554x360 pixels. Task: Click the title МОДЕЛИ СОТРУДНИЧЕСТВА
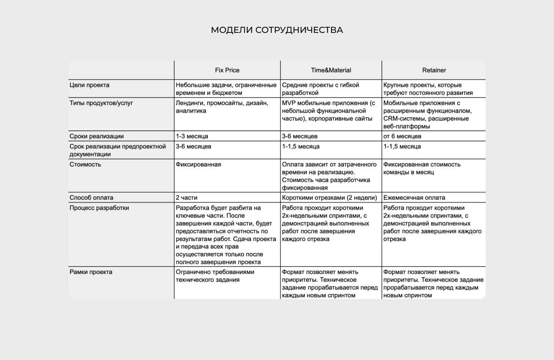(x=277, y=30)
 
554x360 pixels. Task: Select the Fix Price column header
(x=227, y=70)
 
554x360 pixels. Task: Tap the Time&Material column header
(x=331, y=70)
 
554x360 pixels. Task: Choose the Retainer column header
(x=434, y=70)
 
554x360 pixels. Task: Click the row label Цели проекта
(x=90, y=85)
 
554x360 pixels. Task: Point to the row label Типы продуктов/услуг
(x=101, y=103)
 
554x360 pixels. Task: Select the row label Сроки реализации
(x=97, y=136)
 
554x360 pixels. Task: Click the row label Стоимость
(x=85, y=164)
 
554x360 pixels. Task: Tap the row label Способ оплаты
(x=91, y=198)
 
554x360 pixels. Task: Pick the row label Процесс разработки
(x=99, y=208)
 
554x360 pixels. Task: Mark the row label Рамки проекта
(x=91, y=272)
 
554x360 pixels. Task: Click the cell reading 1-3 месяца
(x=192, y=136)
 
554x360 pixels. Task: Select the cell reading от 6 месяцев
(x=403, y=136)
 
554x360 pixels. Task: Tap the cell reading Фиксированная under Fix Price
(x=198, y=164)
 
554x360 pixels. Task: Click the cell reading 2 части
(x=187, y=198)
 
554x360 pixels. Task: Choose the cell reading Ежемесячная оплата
(x=414, y=198)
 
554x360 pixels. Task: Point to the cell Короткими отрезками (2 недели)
(x=329, y=198)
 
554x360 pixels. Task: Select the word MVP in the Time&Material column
(x=289, y=103)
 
